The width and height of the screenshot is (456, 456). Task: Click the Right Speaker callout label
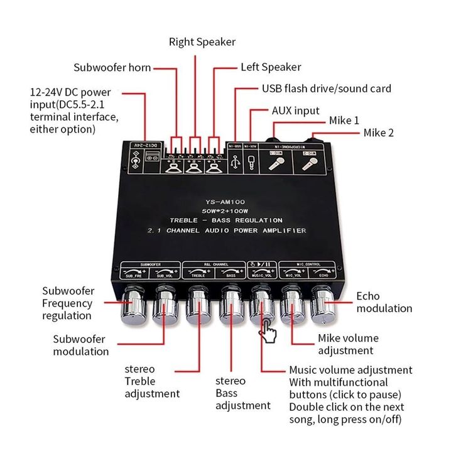(202, 42)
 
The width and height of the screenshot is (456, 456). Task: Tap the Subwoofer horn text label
(112, 68)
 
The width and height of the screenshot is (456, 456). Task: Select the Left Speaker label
(271, 67)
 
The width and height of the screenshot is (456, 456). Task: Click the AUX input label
(295, 111)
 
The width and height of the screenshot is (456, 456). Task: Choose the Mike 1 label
(344, 121)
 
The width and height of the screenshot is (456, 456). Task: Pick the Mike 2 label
(379, 133)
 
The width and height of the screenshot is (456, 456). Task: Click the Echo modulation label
(384, 302)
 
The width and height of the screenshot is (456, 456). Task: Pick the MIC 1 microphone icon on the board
(276, 163)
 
